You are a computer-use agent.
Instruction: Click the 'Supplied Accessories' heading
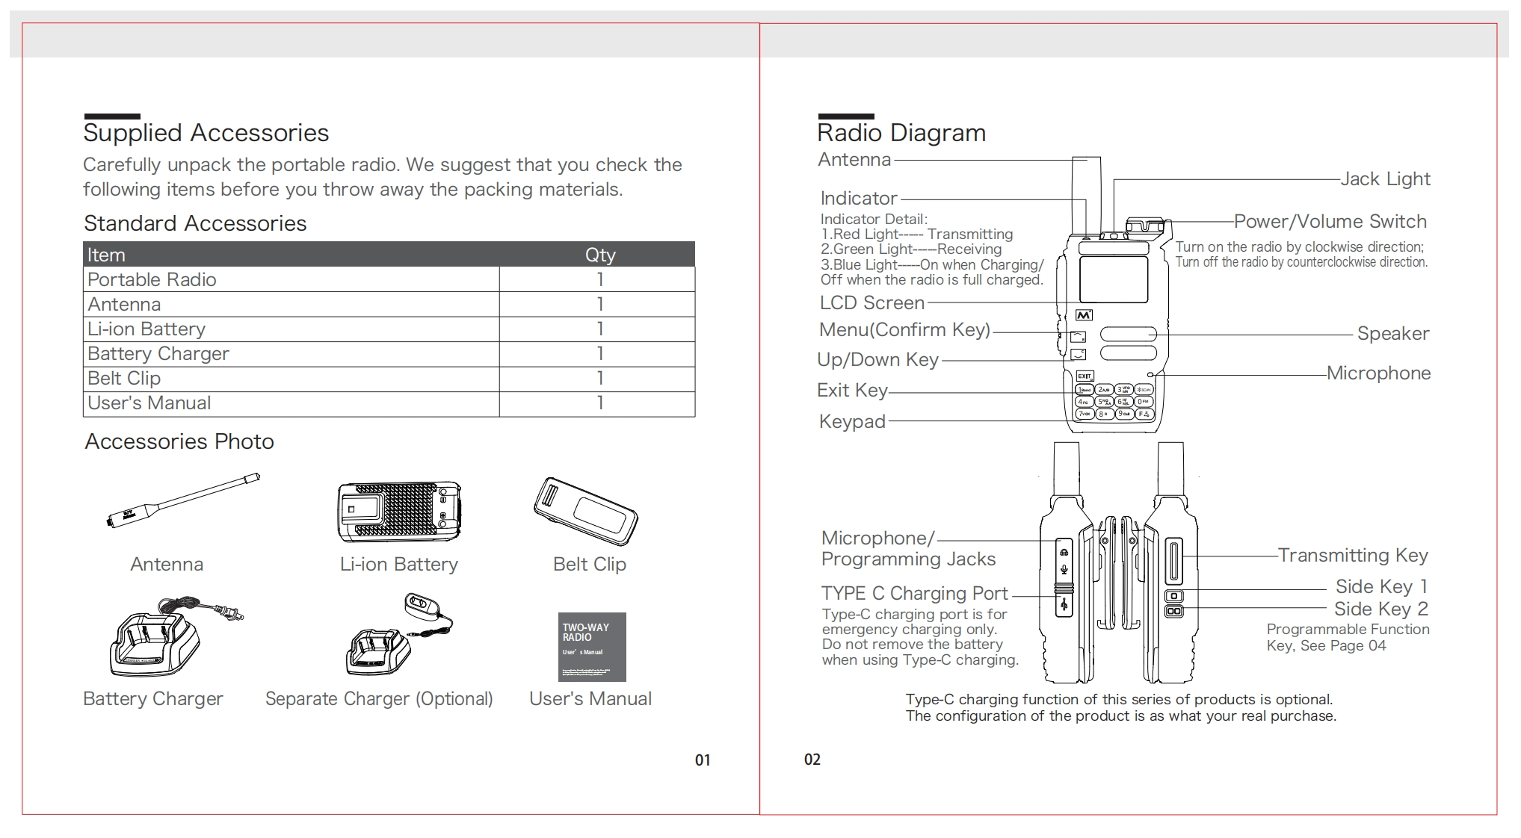point(206,133)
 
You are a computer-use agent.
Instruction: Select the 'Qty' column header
point(599,255)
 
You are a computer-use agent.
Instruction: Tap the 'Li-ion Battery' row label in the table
point(146,329)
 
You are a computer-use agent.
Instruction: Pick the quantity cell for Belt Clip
point(599,378)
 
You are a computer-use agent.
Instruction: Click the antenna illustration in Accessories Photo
point(183,500)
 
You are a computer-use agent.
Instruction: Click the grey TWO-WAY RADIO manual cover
point(591,647)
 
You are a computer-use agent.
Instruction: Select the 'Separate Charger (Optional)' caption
point(379,699)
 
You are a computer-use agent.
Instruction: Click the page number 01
point(703,760)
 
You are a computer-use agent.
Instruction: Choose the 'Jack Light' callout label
point(1385,179)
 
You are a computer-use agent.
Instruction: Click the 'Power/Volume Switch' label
point(1330,222)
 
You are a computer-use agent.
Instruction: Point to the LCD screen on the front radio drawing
point(1113,279)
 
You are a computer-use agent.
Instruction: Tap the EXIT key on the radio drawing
point(1085,376)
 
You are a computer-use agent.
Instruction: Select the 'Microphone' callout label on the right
point(1378,373)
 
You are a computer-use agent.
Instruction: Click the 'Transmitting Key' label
point(1352,556)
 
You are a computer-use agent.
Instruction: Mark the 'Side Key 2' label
point(1380,609)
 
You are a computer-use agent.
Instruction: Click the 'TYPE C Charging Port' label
point(914,594)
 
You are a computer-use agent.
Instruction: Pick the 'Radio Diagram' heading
point(901,133)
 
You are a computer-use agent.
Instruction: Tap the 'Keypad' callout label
point(852,422)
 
